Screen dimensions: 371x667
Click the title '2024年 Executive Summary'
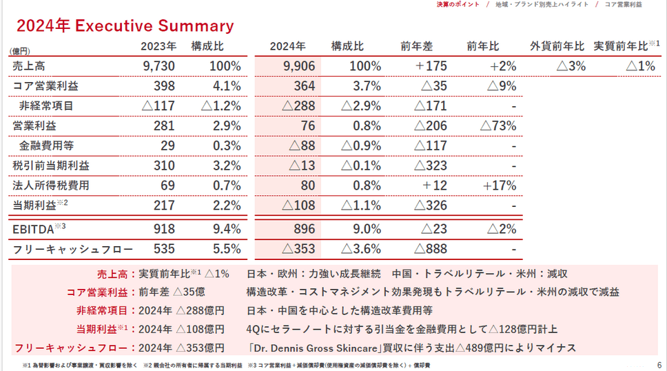[125, 26]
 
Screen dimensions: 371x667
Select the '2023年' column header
[158, 46]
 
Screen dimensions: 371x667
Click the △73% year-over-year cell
[497, 126]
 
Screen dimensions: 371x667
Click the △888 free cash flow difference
[431, 249]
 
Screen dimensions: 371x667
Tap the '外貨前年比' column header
[557, 46]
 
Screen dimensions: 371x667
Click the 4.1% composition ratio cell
[227, 86]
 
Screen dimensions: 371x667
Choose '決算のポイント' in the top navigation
[458, 4]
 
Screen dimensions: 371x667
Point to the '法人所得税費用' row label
[51, 186]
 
